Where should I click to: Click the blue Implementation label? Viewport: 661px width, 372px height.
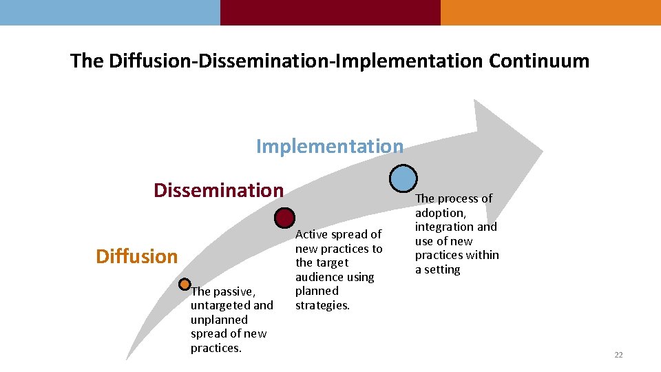329,146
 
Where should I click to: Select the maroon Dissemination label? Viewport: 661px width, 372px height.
218,190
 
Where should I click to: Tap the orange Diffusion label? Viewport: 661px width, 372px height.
136,256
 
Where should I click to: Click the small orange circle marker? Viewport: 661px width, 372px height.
185,284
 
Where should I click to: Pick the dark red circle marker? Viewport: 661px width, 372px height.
284,218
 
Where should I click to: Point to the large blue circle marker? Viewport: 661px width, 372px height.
403,178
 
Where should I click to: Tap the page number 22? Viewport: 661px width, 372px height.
618,355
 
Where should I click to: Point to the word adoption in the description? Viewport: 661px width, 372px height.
440,213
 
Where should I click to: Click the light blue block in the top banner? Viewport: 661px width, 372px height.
110,12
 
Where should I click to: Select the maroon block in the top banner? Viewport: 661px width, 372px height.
330,12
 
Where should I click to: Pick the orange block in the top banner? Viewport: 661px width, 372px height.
551,12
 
